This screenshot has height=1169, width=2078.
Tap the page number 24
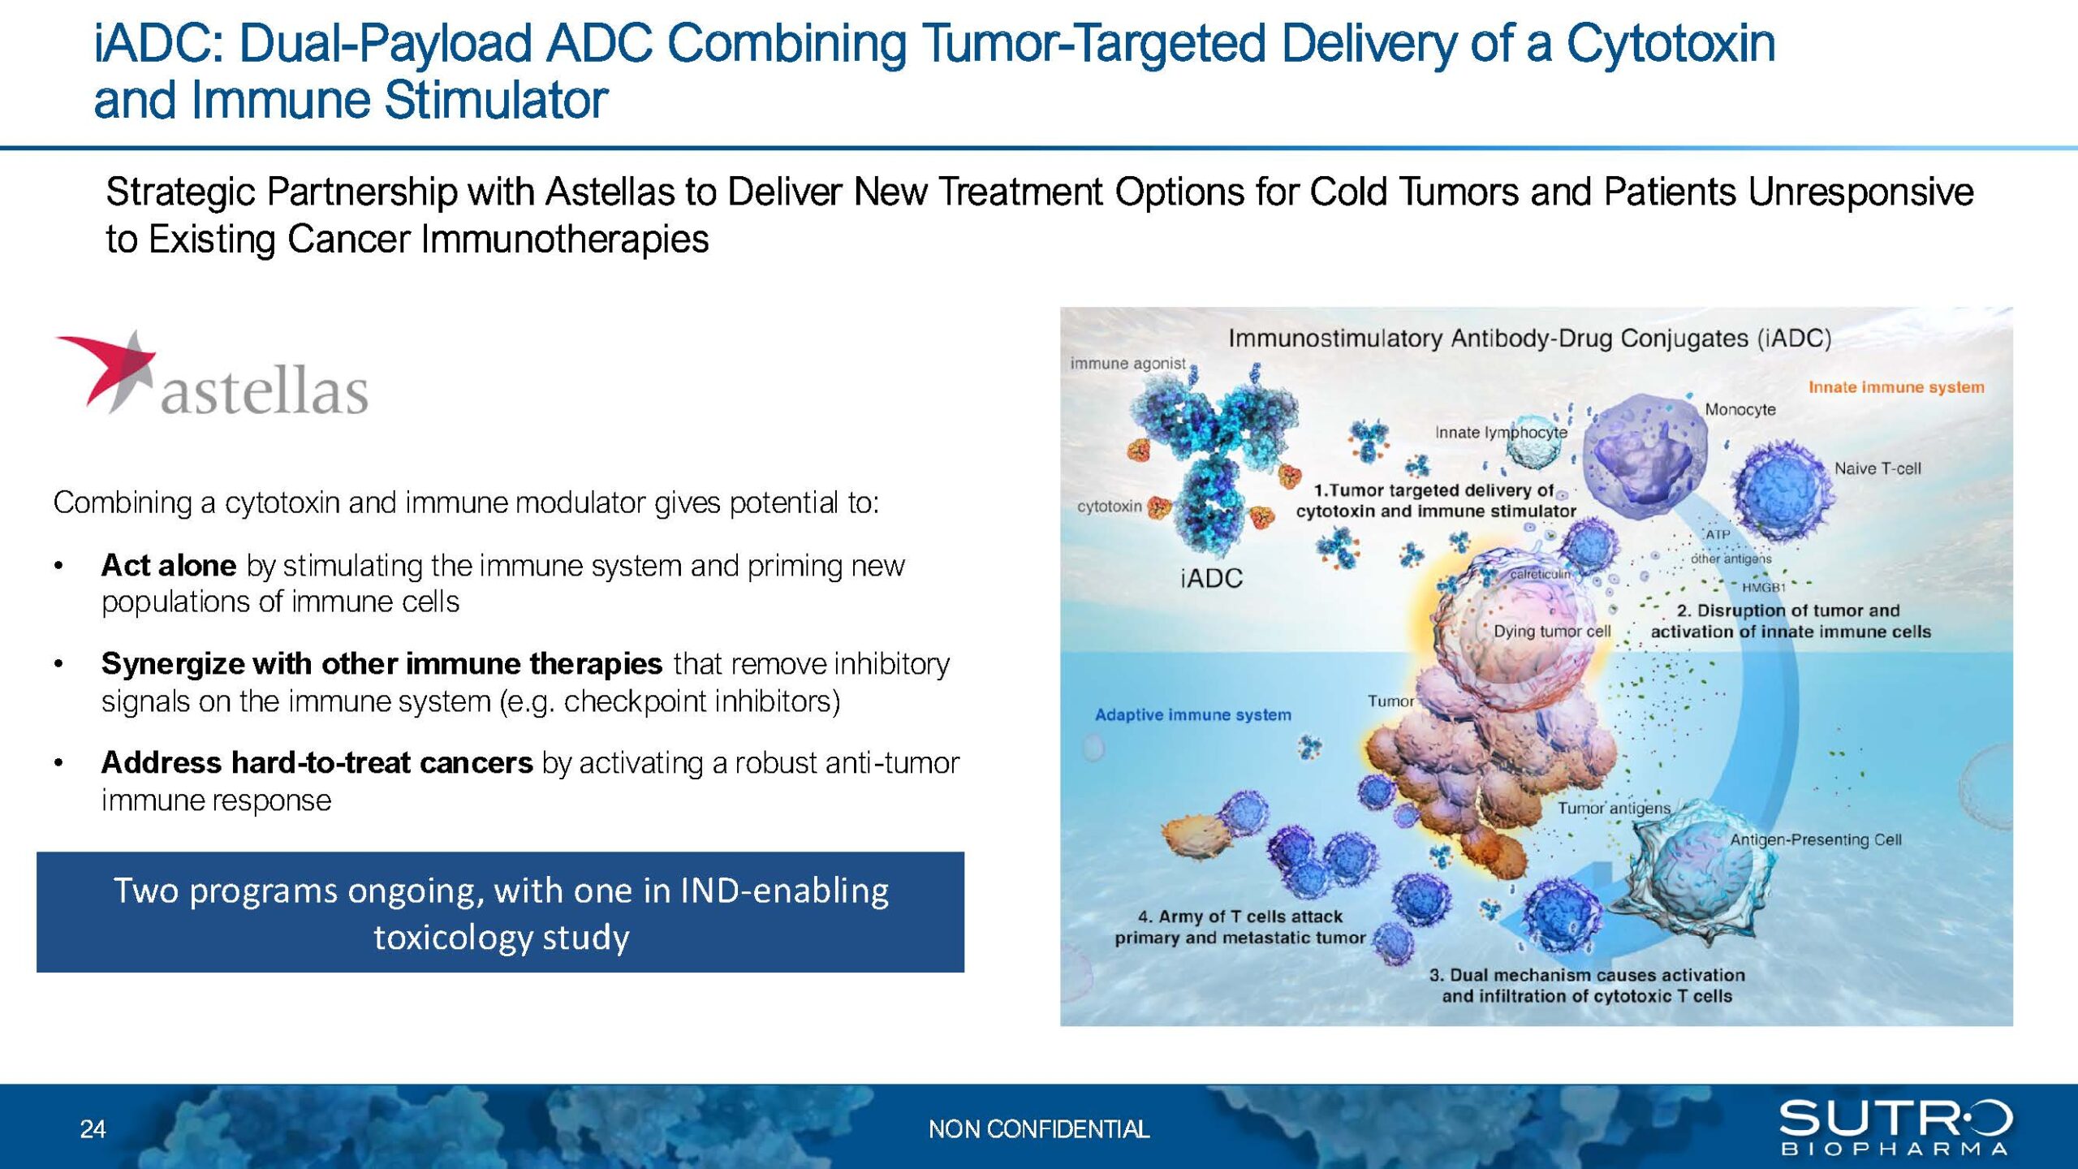tap(93, 1129)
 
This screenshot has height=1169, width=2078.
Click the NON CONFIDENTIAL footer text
tap(1039, 1129)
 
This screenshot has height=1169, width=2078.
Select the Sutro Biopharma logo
tap(1895, 1127)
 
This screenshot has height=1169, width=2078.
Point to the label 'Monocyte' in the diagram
tap(1740, 410)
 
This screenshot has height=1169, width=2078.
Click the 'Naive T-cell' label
tap(1878, 468)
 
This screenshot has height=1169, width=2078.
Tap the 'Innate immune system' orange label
tap(1896, 387)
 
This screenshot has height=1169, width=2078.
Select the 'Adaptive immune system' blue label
tap(1192, 715)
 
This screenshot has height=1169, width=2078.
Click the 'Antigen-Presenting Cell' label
tap(1816, 840)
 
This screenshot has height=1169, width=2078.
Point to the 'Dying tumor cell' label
tap(1552, 632)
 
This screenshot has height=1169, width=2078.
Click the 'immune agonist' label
tap(1127, 364)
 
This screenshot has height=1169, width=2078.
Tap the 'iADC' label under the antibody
tap(1211, 578)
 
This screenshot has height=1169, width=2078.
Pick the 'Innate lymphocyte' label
tap(1501, 433)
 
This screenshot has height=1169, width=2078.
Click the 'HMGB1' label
tap(1764, 587)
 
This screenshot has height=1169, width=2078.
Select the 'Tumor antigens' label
tap(1614, 808)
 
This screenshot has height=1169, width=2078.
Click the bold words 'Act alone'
tap(169, 565)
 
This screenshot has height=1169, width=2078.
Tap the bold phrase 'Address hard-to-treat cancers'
tap(317, 763)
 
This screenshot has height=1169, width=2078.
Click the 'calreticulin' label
tap(1540, 574)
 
